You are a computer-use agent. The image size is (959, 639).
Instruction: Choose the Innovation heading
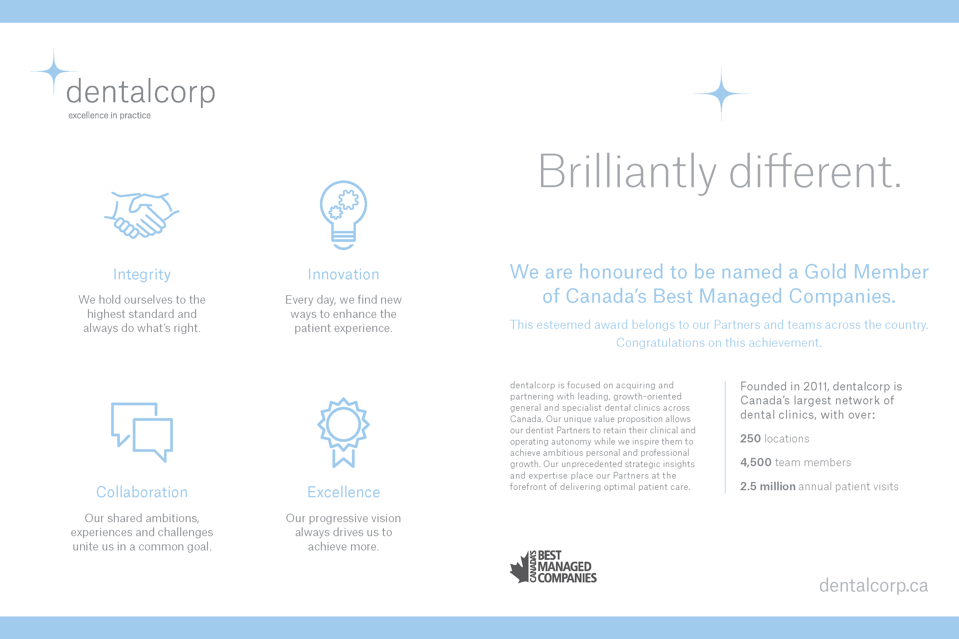pyautogui.click(x=343, y=274)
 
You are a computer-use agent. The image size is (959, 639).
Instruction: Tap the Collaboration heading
pyautogui.click(x=142, y=492)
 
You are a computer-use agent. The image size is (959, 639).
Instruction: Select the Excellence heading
pyautogui.click(x=343, y=492)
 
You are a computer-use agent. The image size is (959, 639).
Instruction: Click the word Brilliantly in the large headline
pyautogui.click(x=627, y=173)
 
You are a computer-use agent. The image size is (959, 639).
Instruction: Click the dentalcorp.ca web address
pyautogui.click(x=873, y=586)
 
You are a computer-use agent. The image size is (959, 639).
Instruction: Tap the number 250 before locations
pyautogui.click(x=750, y=438)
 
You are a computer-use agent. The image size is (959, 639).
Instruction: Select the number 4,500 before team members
pyautogui.click(x=756, y=463)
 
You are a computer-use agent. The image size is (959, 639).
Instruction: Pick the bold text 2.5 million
pyautogui.click(x=768, y=486)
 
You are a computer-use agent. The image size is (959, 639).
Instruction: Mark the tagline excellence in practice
pyautogui.click(x=109, y=115)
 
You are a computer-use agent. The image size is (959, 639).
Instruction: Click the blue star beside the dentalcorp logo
pyautogui.click(x=54, y=71)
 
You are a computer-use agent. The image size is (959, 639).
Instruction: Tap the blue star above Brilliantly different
pyautogui.click(x=721, y=93)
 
